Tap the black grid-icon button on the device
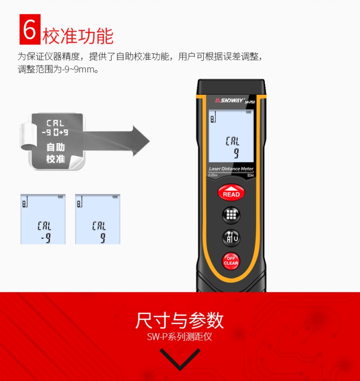(x=231, y=214)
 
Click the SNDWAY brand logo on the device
(x=227, y=100)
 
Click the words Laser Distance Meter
(x=231, y=169)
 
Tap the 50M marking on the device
(x=251, y=175)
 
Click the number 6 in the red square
(x=29, y=29)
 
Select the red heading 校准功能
(x=78, y=36)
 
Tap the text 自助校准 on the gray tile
(x=55, y=153)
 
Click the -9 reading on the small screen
(x=45, y=237)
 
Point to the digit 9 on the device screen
(x=235, y=153)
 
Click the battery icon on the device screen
(x=248, y=113)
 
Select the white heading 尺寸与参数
(x=180, y=320)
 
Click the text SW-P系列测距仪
(x=180, y=337)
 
